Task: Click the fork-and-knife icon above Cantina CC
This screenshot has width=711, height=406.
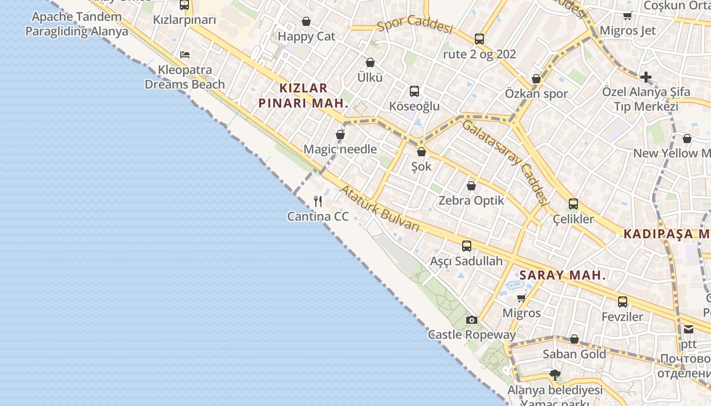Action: tap(318, 201)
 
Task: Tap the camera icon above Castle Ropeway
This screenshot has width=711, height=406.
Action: tap(472, 320)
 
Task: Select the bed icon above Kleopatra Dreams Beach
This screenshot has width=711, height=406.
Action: tap(185, 55)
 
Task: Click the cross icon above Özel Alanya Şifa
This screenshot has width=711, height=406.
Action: tap(645, 77)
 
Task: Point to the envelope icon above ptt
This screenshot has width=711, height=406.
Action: tap(689, 329)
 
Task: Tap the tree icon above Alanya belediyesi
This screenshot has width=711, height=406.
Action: tap(555, 375)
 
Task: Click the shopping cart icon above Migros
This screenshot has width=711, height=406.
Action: tap(521, 298)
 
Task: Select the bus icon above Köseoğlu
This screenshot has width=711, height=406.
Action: tap(414, 91)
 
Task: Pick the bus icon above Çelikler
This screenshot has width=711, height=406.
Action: tap(573, 204)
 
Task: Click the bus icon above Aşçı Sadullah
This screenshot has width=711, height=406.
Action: tap(467, 246)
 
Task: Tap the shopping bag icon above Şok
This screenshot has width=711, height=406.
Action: tap(421, 151)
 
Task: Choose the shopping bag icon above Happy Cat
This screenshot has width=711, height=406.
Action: tap(306, 21)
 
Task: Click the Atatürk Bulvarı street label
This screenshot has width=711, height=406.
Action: tap(380, 209)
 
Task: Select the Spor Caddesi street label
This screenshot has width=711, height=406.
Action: tap(415, 24)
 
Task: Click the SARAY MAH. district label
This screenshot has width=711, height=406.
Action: tap(563, 276)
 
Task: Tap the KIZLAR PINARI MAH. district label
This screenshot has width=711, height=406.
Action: tap(304, 95)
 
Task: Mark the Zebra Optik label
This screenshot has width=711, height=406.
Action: tap(471, 200)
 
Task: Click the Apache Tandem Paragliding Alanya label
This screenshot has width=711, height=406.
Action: tap(77, 24)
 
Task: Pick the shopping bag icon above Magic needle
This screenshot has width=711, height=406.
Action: tap(340, 134)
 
